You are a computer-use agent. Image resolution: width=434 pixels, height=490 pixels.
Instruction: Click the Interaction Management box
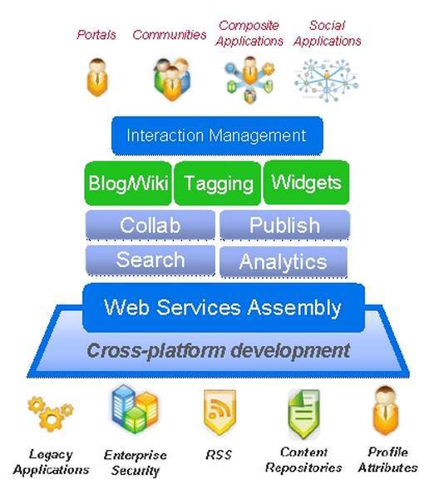pos(217,136)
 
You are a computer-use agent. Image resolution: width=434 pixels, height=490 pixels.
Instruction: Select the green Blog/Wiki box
pos(128,183)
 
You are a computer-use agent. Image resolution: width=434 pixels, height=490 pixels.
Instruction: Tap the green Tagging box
pos(218,183)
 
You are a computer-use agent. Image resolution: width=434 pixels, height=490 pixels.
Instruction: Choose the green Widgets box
pos(306,182)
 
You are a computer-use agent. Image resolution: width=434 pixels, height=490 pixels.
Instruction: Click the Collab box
pos(150,225)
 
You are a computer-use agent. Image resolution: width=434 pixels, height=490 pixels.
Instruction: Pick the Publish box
pos(284,225)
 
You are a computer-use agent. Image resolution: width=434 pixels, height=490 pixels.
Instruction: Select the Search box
pos(150,260)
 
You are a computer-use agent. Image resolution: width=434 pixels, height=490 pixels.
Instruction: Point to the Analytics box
pos(284,262)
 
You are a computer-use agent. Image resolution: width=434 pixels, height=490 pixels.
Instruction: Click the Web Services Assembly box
pos(224,308)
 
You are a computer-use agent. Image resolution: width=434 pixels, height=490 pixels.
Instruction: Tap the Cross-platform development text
pos(219,350)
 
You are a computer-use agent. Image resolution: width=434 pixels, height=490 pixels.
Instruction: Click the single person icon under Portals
pos(97,77)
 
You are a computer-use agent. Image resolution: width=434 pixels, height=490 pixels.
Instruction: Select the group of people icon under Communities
pos(171,79)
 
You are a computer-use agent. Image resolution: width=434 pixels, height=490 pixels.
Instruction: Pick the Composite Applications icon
pos(249,80)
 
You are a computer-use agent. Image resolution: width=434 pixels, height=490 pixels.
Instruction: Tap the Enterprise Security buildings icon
pos(135,408)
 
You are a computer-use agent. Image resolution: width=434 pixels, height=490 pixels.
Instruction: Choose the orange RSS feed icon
pos(219,412)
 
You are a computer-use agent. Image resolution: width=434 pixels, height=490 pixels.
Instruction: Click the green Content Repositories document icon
pos(303,413)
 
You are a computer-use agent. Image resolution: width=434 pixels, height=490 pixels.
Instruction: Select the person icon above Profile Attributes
pos(386,410)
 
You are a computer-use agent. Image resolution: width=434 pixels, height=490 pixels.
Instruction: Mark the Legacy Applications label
pos(51,463)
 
